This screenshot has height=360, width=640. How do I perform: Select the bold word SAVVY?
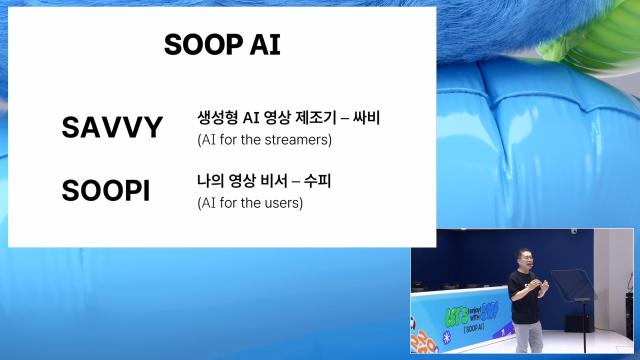[111, 127]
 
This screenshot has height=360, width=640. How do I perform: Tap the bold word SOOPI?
[105, 191]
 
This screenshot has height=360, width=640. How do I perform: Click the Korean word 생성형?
[216, 118]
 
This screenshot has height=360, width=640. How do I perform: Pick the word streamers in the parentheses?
[299, 140]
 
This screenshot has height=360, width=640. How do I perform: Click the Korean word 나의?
[210, 182]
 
